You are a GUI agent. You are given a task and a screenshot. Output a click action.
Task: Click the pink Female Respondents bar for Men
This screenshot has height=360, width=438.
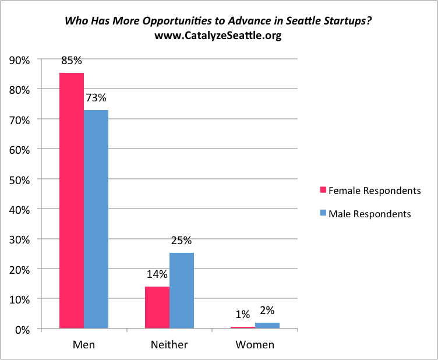click(x=72, y=200)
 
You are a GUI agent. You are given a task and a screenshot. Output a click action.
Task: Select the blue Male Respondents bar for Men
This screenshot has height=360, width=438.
click(x=96, y=219)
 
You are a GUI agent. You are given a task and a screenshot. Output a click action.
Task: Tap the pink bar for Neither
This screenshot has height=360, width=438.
click(x=157, y=308)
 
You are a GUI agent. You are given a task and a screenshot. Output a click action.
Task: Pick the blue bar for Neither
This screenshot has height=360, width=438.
click(x=182, y=291)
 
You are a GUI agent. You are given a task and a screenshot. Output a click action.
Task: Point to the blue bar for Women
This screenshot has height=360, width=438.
click(x=267, y=326)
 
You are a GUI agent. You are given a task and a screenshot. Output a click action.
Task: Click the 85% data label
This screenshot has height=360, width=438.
click(x=72, y=61)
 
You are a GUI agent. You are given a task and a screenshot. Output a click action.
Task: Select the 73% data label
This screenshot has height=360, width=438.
click(x=96, y=98)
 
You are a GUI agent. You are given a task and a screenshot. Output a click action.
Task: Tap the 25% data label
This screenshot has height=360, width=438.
click(x=182, y=241)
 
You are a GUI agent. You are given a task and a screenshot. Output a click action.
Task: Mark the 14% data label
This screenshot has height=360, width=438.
click(x=157, y=274)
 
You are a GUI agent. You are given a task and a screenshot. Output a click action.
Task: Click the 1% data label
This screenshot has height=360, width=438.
click(x=243, y=315)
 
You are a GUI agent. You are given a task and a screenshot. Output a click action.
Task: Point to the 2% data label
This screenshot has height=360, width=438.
click(x=267, y=311)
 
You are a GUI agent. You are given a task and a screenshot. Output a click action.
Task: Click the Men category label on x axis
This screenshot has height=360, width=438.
click(x=84, y=344)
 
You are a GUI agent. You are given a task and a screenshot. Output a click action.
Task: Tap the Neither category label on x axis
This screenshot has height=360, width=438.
click(x=169, y=344)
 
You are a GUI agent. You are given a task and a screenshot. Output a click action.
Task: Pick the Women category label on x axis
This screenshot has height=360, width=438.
click(x=255, y=344)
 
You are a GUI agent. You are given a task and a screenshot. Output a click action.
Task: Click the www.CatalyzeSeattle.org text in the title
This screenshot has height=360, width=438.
click(x=218, y=36)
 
